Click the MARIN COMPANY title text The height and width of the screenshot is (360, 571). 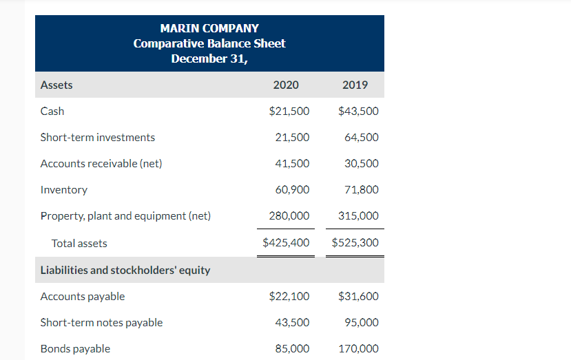(209, 28)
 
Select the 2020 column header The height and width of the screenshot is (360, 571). (286, 85)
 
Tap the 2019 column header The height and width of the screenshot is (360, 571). (355, 85)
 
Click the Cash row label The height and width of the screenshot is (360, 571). (52, 111)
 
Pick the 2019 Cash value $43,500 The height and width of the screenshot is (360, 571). (358, 111)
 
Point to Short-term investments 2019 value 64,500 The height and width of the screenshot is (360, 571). (361, 137)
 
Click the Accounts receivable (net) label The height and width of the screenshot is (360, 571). (101, 163)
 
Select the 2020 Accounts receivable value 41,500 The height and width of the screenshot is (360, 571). (292, 163)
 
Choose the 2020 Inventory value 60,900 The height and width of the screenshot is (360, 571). (292, 189)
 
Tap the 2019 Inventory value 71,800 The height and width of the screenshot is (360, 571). (361, 189)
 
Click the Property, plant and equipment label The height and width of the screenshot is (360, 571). (125, 215)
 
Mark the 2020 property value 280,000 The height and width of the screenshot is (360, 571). (289, 215)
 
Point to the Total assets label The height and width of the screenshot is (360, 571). (79, 243)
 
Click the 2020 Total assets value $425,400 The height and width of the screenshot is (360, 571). (286, 243)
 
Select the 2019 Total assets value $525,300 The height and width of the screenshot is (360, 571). (355, 243)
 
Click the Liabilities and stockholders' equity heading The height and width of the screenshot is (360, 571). (125, 270)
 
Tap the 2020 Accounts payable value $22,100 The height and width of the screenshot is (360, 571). (289, 297)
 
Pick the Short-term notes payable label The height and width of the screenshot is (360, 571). (101, 323)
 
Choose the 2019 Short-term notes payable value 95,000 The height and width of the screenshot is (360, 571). (361, 323)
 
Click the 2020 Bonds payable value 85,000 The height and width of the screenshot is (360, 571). (292, 349)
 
